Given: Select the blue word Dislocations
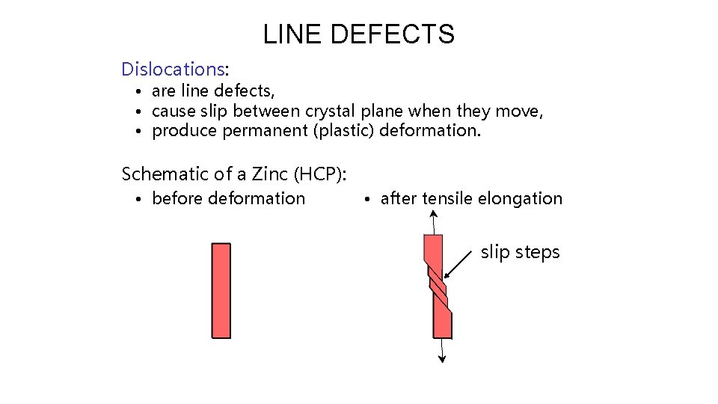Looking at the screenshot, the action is (x=173, y=70).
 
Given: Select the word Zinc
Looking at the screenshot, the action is (x=270, y=174).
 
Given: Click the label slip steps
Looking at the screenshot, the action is (x=520, y=252).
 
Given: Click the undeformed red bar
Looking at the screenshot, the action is (x=221, y=290).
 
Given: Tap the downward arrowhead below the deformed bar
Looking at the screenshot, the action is (x=442, y=358).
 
